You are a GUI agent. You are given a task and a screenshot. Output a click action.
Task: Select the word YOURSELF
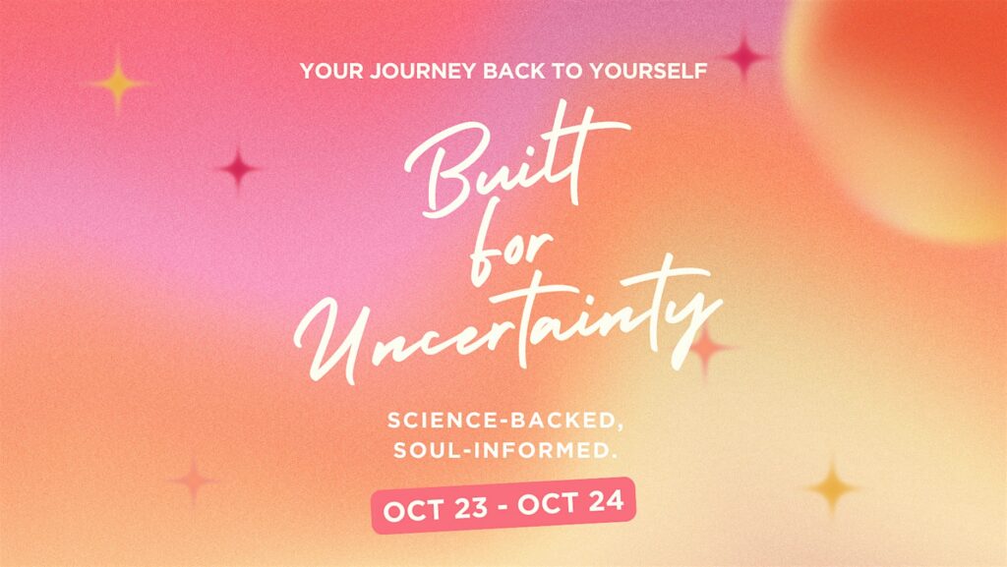[649, 71]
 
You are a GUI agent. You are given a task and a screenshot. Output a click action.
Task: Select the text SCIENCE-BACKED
[505, 421]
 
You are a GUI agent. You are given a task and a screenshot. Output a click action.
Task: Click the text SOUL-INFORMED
[505, 450]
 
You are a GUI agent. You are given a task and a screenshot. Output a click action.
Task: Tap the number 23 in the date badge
[471, 508]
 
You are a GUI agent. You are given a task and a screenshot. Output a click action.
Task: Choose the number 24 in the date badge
[606, 501]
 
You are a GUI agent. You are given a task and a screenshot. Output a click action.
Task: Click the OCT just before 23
[414, 511]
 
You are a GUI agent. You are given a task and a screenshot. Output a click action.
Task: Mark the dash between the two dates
[503, 507]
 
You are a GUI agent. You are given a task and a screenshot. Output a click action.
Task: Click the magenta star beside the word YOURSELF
[744, 56]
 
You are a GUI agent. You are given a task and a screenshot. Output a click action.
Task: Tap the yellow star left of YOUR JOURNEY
[118, 83]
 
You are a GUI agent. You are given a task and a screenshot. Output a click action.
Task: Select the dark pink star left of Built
[238, 169]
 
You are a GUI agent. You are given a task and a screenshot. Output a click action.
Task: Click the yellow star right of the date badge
[833, 487]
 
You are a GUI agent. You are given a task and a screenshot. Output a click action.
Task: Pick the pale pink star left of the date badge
[194, 480]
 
